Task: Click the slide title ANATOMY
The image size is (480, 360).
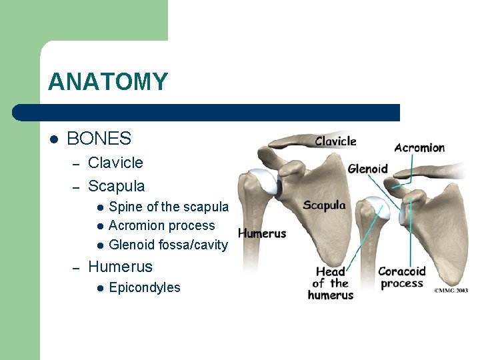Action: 108,82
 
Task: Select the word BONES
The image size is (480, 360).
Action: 99,139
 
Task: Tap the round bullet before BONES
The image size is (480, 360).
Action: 53,139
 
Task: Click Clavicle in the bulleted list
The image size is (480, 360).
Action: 115,163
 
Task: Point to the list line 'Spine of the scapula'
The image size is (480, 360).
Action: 169,207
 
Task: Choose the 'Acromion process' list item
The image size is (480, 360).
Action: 161,226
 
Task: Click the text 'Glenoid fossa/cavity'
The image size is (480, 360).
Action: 168,245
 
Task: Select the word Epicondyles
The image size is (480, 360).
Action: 144,288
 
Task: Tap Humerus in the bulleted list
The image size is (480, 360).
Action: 120,267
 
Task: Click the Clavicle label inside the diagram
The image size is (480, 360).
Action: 335,141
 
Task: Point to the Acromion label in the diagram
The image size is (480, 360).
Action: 419,147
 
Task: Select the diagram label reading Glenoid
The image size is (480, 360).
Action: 367,169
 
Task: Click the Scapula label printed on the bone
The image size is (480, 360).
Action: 324,205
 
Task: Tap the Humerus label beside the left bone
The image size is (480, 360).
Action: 262,233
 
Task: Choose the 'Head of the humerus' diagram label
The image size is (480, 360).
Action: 330,283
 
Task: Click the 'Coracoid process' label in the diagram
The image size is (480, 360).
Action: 401,277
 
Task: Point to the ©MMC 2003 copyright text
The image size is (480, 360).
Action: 451,291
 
